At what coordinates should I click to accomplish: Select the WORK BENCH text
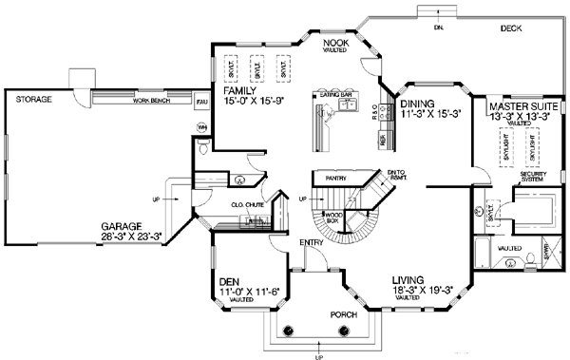tap(152, 101)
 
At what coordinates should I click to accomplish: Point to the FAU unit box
tap(201, 100)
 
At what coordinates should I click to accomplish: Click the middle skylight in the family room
tap(256, 68)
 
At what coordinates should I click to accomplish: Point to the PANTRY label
tap(335, 178)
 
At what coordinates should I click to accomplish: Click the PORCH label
tap(317, 313)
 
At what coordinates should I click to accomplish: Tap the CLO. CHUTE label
tap(247, 204)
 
